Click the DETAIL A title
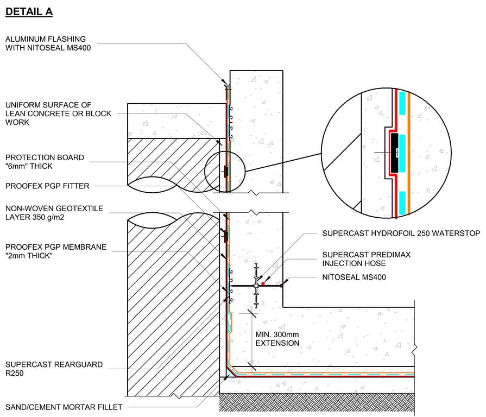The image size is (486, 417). (x=29, y=11)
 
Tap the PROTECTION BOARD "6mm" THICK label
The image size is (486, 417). (x=45, y=162)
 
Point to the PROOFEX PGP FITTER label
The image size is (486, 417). (x=47, y=186)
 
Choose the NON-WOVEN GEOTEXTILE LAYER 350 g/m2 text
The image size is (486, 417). (x=54, y=213)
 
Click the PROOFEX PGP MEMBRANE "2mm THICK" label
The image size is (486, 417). (x=55, y=251)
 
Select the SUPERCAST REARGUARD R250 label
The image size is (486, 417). (x=53, y=369)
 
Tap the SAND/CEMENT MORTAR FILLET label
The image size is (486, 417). (x=64, y=407)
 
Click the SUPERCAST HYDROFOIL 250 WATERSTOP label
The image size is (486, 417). (x=401, y=233)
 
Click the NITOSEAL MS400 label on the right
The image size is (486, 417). (x=354, y=277)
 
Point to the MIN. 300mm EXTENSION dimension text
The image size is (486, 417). (x=277, y=339)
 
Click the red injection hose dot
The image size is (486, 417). (x=262, y=283)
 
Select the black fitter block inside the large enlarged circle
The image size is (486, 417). (x=395, y=150)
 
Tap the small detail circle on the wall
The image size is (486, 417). (x=224, y=172)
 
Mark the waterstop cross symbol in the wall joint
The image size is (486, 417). (x=256, y=285)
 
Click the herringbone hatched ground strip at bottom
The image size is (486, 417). (x=317, y=402)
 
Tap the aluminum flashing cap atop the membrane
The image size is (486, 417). (x=228, y=87)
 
